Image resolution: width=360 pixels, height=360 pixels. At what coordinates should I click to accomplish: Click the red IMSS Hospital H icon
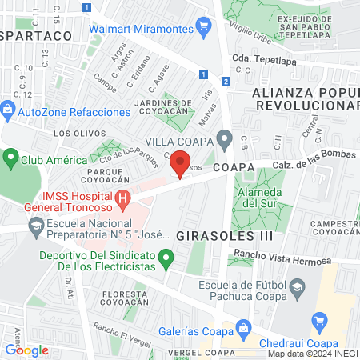point(122,198)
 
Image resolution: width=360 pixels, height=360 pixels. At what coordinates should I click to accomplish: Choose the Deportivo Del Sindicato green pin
point(166,258)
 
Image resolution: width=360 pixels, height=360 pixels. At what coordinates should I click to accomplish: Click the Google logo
point(26,350)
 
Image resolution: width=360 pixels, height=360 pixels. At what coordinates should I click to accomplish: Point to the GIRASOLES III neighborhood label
point(224,236)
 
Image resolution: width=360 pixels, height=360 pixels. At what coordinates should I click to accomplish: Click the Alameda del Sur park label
point(256,197)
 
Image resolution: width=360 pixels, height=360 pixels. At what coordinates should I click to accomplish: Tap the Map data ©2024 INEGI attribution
point(312,353)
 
